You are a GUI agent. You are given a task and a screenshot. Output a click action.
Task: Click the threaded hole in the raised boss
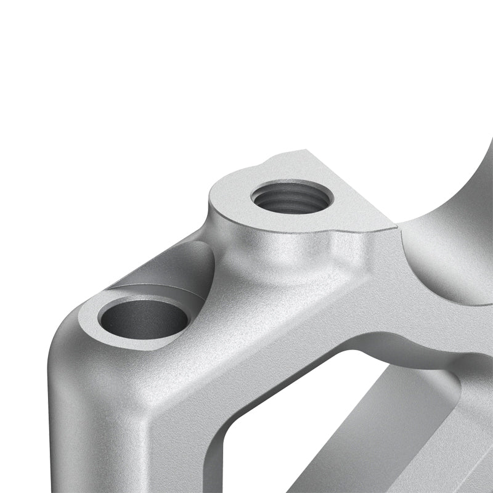coord(292,197)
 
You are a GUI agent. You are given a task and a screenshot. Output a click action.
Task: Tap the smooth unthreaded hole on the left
coord(144,318)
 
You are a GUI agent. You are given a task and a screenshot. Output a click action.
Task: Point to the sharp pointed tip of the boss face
coord(394,227)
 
